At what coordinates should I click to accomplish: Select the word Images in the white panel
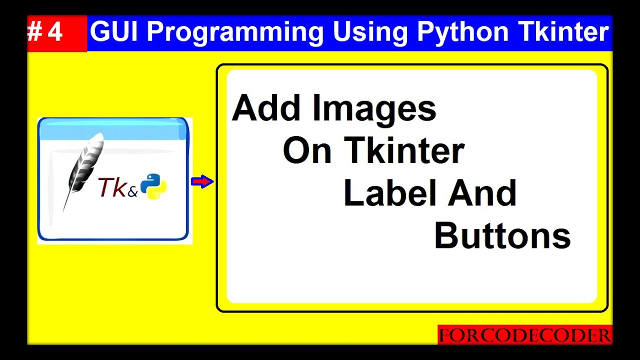[x=374, y=109]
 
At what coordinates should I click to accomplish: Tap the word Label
[x=390, y=193]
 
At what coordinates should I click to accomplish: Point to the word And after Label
[x=482, y=193]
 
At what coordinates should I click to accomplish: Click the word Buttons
[x=502, y=236]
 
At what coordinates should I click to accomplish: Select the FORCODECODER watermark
[x=525, y=335]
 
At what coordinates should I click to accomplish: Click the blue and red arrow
[x=202, y=181]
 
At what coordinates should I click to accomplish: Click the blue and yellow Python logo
[x=153, y=187]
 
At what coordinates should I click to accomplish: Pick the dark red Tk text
[x=112, y=187]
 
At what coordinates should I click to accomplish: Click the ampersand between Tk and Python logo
[x=132, y=192]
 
